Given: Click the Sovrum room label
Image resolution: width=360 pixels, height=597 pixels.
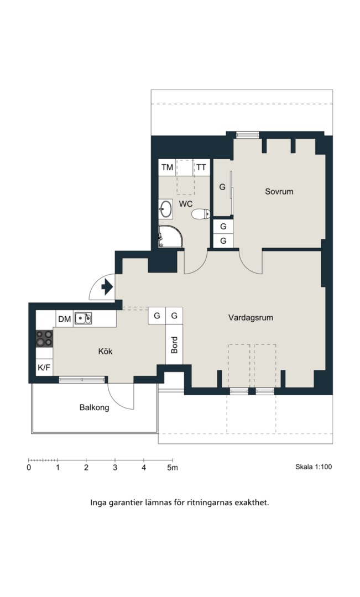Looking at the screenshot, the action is (x=279, y=191).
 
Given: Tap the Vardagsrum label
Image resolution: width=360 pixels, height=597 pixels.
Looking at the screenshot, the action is (x=251, y=317).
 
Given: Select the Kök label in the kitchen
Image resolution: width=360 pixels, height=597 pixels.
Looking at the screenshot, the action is (x=105, y=351).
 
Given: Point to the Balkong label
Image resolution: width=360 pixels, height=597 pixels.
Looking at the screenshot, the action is (x=94, y=407).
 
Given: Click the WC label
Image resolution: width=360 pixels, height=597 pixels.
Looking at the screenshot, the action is (x=185, y=204).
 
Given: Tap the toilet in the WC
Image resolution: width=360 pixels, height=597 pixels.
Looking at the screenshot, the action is (x=201, y=214).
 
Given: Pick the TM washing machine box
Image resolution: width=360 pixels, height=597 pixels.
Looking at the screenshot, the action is (x=167, y=167).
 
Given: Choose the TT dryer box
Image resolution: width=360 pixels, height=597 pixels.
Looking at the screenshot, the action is (x=201, y=167).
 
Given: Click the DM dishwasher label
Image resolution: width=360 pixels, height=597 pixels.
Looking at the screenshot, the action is (x=65, y=319).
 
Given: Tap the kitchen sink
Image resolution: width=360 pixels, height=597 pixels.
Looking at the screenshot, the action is (x=82, y=318).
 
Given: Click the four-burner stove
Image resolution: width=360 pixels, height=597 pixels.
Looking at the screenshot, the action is (x=44, y=338).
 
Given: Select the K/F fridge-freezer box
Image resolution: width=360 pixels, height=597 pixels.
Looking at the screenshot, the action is (x=44, y=368).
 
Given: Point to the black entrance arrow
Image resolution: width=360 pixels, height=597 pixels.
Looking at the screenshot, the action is (x=107, y=287).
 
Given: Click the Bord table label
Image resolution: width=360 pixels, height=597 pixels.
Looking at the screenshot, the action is (x=175, y=345).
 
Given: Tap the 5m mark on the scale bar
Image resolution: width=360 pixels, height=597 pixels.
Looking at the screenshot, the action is (x=173, y=468).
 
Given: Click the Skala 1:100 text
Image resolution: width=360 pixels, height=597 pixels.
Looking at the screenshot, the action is (x=314, y=467).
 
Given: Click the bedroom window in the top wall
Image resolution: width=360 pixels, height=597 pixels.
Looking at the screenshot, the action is (x=248, y=134).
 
